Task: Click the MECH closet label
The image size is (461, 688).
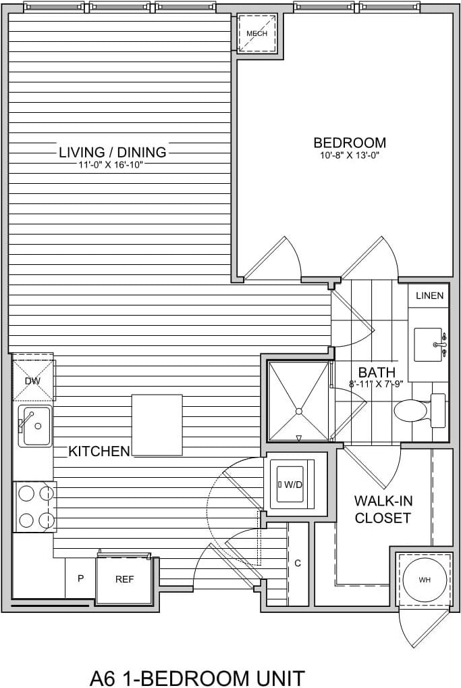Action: (256, 33)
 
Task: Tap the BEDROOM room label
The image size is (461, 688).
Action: (350, 143)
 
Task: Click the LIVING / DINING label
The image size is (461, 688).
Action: (113, 152)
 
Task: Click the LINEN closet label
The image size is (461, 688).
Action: (429, 295)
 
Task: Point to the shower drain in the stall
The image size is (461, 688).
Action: (298, 410)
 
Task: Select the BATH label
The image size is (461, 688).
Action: (377, 372)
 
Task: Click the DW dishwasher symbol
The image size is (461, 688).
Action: (33, 380)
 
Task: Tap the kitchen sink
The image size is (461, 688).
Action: (35, 426)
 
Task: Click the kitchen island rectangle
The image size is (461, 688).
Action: (157, 425)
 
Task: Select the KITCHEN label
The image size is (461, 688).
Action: (99, 451)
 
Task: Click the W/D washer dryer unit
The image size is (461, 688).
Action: (292, 485)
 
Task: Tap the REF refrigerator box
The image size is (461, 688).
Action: (124, 579)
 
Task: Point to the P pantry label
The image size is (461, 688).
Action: (80, 579)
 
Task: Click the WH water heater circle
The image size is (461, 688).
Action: (424, 580)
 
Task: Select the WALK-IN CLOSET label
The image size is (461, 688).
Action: (383, 510)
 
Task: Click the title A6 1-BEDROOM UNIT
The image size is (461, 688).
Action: (197, 677)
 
